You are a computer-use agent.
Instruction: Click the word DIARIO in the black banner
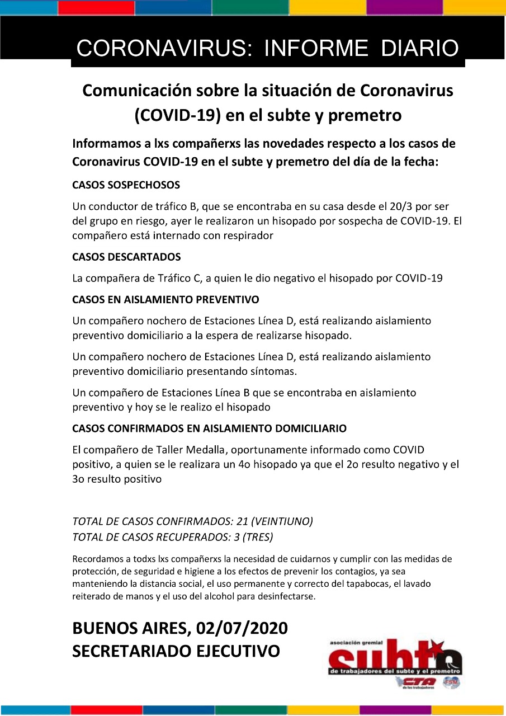pyautogui.click(x=420, y=49)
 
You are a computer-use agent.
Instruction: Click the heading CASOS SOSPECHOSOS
pyautogui.click(x=126, y=185)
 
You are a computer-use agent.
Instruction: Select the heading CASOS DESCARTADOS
pyautogui.click(x=126, y=257)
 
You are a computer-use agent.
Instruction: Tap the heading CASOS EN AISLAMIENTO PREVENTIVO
pyautogui.click(x=165, y=300)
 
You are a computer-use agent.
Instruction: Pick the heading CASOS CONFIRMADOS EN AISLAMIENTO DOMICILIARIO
pyautogui.click(x=209, y=428)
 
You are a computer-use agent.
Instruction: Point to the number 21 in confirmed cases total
pyautogui.click(x=242, y=522)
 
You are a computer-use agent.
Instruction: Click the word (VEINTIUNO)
pyautogui.click(x=282, y=522)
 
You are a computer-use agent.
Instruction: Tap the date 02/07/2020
pyautogui.click(x=242, y=628)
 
